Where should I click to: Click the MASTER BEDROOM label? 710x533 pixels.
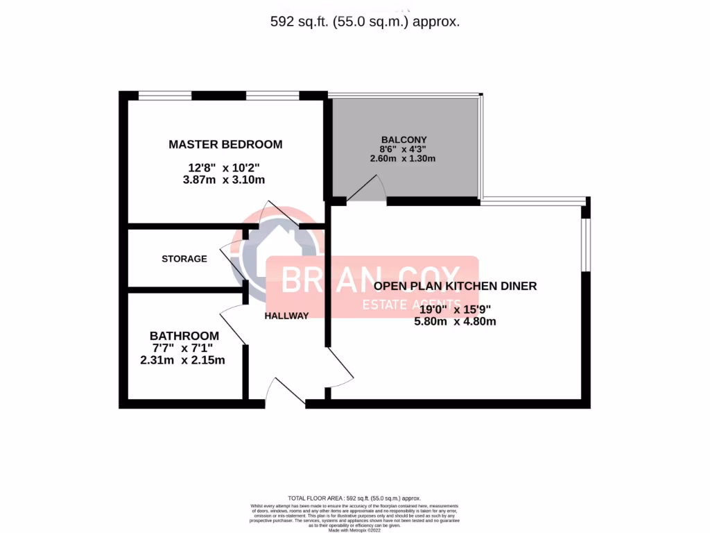(225, 144)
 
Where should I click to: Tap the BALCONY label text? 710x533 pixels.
(404, 139)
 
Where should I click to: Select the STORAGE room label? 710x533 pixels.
(184, 259)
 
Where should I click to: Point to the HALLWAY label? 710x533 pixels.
(286, 316)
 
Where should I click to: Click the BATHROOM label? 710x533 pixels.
(184, 335)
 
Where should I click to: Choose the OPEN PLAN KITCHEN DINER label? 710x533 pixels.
(455, 286)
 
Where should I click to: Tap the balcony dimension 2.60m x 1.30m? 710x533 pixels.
(403, 158)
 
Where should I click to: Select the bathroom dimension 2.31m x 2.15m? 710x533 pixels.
(182, 360)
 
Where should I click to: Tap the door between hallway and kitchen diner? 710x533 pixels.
(340, 366)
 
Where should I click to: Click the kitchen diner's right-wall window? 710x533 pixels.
(586, 244)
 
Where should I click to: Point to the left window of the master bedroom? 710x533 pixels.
(165, 95)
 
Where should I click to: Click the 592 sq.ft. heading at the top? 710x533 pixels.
(365, 22)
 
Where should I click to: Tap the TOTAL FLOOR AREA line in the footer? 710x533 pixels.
(354, 498)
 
